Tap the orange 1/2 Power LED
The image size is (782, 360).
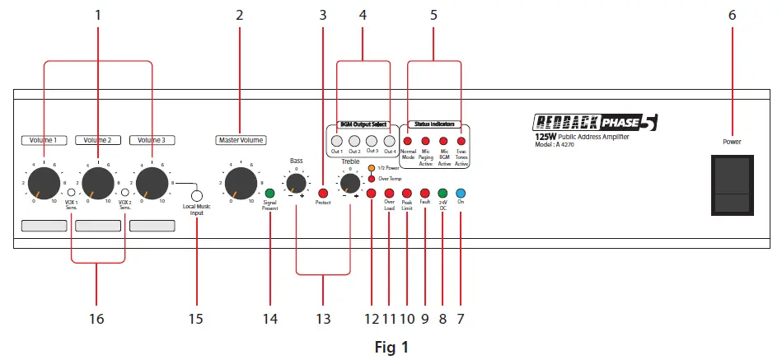click(372, 169)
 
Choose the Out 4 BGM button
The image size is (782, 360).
click(390, 141)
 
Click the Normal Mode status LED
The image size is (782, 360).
click(407, 142)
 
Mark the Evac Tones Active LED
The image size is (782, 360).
click(461, 142)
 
